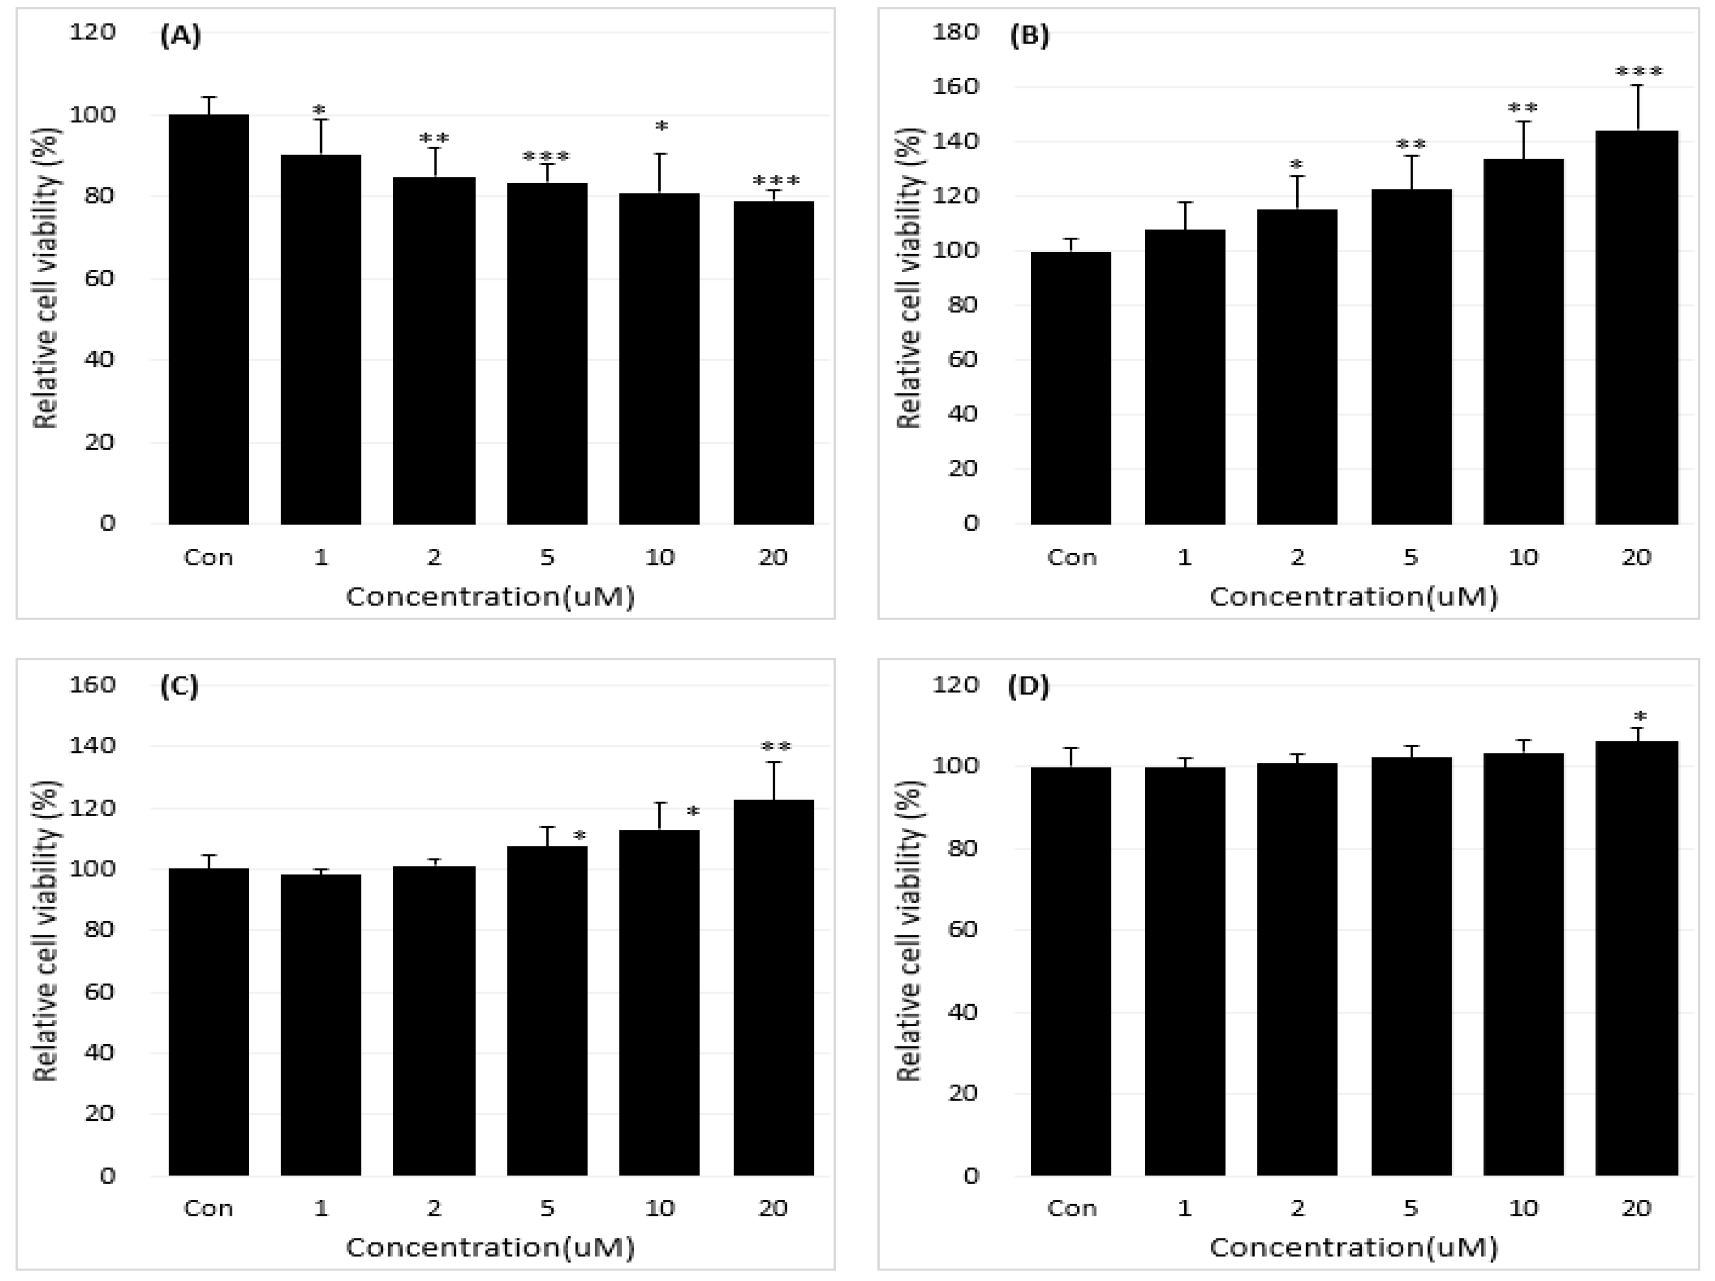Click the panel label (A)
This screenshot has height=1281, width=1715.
(x=180, y=36)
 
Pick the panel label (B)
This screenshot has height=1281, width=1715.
(x=1029, y=36)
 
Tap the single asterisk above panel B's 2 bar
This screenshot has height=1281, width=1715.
(x=1296, y=165)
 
